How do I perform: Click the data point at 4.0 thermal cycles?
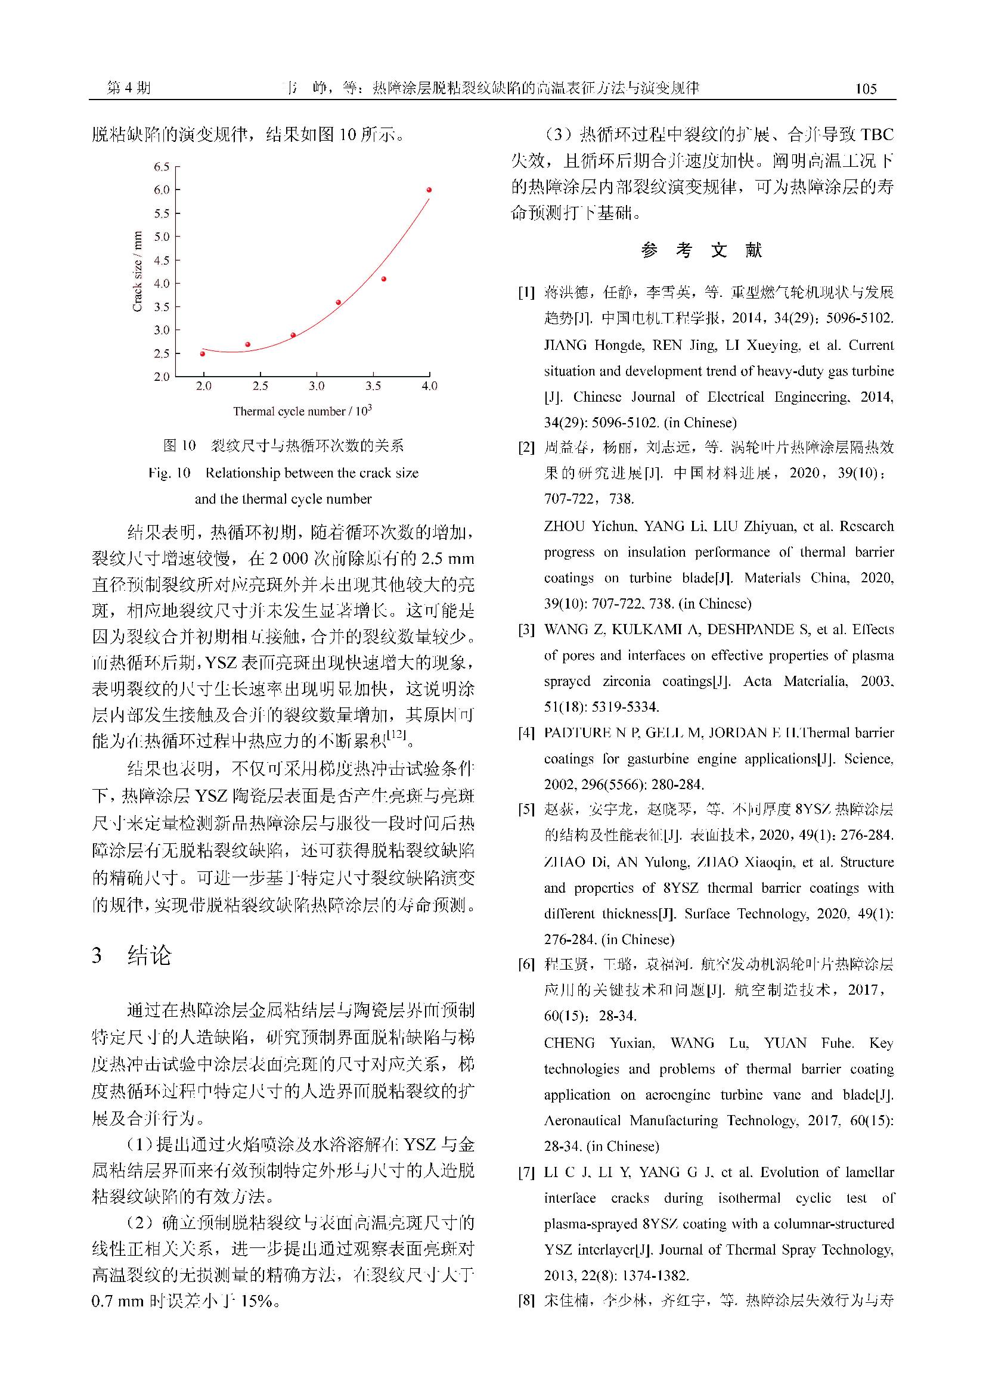tap(429, 190)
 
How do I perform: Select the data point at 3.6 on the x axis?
tap(384, 279)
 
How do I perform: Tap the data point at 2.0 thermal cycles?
tap(203, 353)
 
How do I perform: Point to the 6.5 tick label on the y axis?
tap(162, 166)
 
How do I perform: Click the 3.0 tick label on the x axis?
tap(317, 386)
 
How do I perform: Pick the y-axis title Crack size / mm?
tap(138, 271)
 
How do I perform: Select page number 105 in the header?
tap(865, 89)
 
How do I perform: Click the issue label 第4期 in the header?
tap(129, 88)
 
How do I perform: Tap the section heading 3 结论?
tap(132, 955)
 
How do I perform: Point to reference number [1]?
tap(526, 293)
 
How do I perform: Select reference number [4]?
tap(526, 733)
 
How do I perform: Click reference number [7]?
tap(526, 1172)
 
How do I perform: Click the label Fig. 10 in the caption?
tap(169, 473)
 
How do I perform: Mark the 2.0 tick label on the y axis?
tap(162, 377)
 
